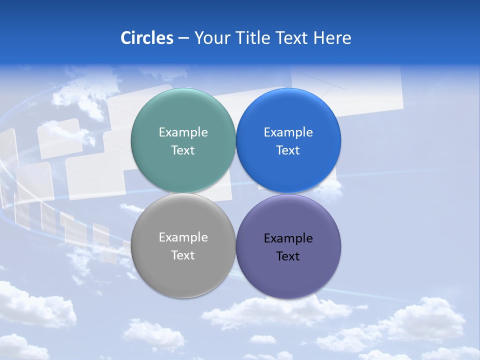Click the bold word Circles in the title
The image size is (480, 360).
(x=147, y=38)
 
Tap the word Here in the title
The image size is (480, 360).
(x=332, y=38)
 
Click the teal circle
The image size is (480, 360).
(x=183, y=115)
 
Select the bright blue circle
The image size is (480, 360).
(x=288, y=115)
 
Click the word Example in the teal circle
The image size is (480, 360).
(x=183, y=132)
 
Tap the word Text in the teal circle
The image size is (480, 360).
(x=183, y=150)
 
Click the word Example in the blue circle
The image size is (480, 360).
(x=288, y=132)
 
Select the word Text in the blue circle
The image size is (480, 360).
(x=288, y=150)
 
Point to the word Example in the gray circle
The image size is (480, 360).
(x=183, y=237)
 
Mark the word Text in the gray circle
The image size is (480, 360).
(x=183, y=255)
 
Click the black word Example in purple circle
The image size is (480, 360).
(x=288, y=238)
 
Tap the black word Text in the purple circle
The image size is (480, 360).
(x=288, y=256)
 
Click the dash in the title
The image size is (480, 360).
(x=183, y=38)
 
